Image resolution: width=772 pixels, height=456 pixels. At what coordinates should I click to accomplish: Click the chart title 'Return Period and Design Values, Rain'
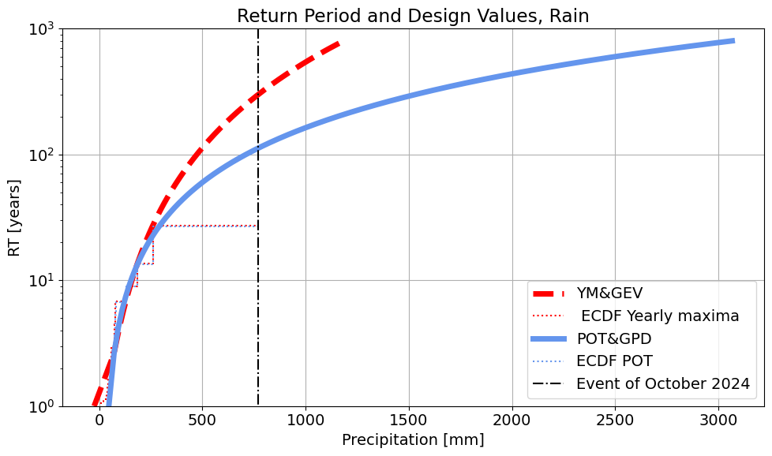[x=413, y=16]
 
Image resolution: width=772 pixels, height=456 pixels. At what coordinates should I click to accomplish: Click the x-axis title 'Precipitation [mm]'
[x=413, y=439]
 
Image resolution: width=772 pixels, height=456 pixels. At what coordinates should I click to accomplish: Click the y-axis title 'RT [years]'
[x=15, y=217]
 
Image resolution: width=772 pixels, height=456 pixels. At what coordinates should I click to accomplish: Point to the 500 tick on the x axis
[x=202, y=419]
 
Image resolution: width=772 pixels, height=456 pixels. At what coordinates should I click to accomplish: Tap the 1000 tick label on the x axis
[x=305, y=419]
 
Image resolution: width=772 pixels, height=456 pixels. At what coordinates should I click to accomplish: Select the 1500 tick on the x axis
[x=409, y=419]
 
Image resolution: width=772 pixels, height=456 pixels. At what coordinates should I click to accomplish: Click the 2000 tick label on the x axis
[x=512, y=419]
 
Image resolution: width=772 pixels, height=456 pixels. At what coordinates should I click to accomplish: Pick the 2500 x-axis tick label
[x=616, y=419]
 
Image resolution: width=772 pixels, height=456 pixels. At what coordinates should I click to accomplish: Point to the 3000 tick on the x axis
[x=719, y=419]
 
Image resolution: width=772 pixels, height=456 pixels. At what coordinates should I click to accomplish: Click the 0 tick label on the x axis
[x=99, y=419]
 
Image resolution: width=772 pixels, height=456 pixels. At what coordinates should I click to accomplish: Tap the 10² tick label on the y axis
[x=42, y=155]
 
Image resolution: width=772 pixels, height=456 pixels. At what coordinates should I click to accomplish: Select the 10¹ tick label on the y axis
[x=42, y=281]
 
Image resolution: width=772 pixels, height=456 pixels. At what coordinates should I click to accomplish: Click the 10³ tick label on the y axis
[x=42, y=29]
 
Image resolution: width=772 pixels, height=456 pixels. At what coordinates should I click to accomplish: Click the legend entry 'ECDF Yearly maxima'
[x=659, y=316]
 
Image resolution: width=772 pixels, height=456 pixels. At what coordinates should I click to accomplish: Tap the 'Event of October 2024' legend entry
[x=662, y=384]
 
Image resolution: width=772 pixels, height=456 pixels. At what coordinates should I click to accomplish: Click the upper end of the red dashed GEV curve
[x=339, y=43]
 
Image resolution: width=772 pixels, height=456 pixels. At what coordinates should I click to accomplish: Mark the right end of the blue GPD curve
[x=733, y=41]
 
